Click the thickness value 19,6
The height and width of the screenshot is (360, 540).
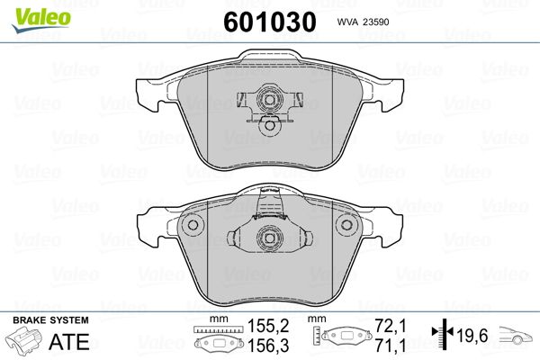point(473,335)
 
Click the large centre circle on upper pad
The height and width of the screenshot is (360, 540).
point(268,101)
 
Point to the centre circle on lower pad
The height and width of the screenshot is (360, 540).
point(268,239)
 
